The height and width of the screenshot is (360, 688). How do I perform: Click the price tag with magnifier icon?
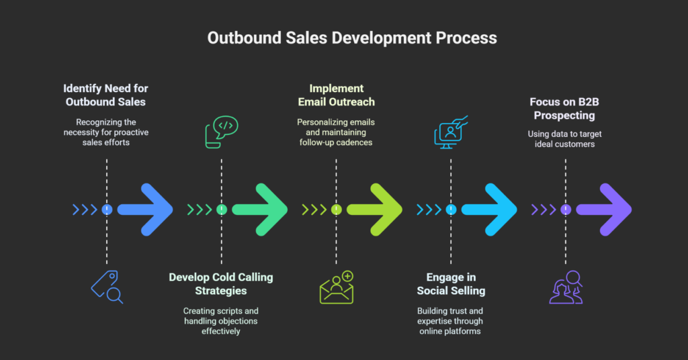[107, 287]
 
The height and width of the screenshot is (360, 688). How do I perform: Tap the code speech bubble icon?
[221, 132]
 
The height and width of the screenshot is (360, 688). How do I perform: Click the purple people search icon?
[565, 287]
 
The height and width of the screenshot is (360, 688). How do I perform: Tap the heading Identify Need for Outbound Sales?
[105, 95]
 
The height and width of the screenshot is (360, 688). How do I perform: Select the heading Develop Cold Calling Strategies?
[221, 283]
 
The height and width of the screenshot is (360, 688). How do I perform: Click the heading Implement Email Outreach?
[336, 95]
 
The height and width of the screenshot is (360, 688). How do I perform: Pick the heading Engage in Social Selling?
[451, 283]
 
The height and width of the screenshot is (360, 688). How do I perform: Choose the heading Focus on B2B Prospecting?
[565, 108]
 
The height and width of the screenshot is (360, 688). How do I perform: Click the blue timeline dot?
[107, 210]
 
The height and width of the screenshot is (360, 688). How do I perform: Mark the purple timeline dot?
[565, 210]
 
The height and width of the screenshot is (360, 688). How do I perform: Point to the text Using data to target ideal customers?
[565, 138]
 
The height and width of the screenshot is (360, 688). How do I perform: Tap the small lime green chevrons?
[314, 210]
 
